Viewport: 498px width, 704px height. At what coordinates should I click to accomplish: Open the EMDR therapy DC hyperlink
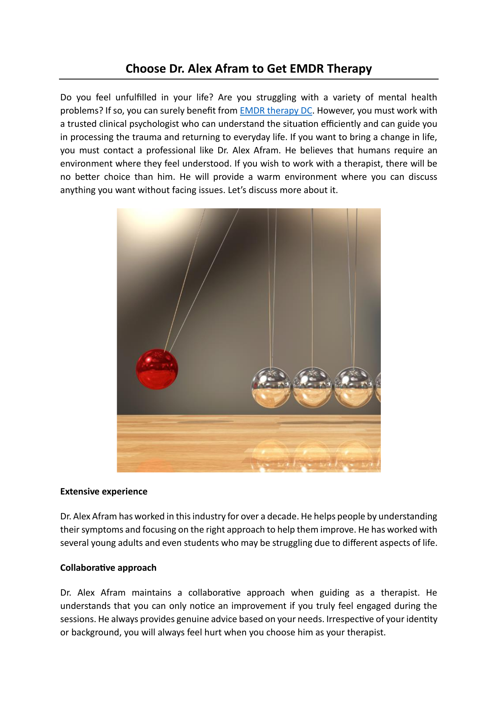(x=276, y=111)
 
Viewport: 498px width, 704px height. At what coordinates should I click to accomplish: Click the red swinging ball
(x=157, y=369)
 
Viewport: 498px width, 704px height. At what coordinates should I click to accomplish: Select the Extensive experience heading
(x=104, y=492)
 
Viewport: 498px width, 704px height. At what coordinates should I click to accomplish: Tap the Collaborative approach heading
(x=108, y=568)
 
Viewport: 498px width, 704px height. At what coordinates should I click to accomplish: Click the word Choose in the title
(x=146, y=69)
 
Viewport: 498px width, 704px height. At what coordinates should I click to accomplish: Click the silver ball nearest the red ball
(x=271, y=387)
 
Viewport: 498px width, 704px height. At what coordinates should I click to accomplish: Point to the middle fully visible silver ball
(x=313, y=387)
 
